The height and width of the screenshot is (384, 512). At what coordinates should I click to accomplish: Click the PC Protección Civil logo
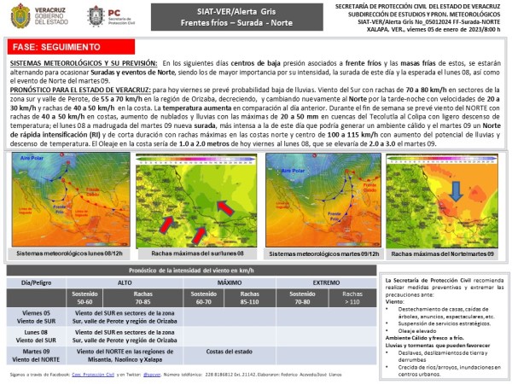click(x=96, y=15)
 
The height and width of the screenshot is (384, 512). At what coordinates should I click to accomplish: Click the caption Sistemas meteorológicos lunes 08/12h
click(x=69, y=253)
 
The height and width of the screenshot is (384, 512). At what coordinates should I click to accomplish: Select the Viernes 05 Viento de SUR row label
click(x=37, y=317)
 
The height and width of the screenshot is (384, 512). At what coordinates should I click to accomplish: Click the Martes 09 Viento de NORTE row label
click(x=37, y=354)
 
